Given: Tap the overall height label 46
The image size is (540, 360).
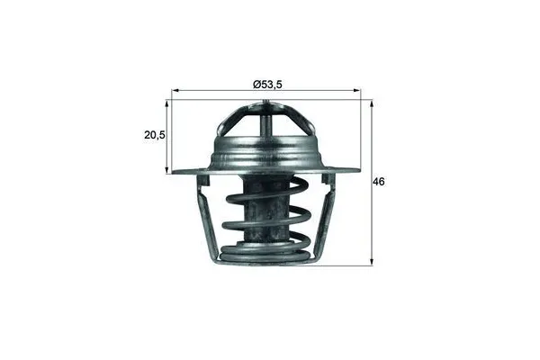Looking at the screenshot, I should click(x=379, y=182).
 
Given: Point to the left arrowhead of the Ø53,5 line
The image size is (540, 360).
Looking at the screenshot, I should click(x=173, y=92).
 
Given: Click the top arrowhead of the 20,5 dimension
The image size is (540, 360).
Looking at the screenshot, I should click(x=168, y=98).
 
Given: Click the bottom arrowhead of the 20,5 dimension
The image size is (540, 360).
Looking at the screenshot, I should click(x=168, y=169).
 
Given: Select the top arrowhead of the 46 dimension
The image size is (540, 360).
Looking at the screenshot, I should click(x=370, y=98).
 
